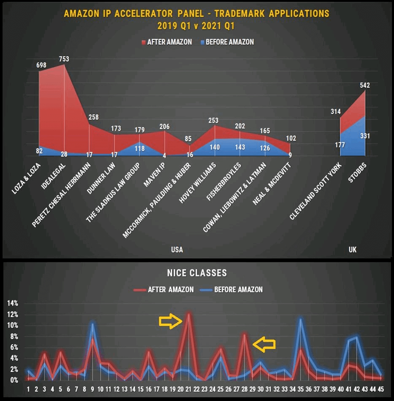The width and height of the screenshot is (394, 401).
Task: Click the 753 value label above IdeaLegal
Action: [64, 59]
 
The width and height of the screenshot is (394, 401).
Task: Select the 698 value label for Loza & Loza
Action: [41, 65]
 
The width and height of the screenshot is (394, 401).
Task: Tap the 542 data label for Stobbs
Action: [365, 85]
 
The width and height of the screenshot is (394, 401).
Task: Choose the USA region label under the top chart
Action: [177, 250]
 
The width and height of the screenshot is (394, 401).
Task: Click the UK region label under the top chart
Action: [352, 250]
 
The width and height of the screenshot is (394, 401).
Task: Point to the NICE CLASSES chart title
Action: [197, 273]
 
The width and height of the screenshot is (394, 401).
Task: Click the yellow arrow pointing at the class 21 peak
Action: [170, 322]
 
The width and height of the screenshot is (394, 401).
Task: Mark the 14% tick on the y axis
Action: [13, 303]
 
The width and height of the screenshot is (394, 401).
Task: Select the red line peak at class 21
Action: [189, 314]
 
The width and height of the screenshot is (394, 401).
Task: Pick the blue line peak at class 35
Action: [300, 319]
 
